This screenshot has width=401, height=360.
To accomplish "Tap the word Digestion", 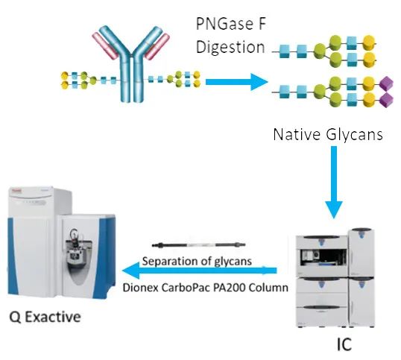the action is click(230, 47).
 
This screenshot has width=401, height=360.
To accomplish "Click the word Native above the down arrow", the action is click(297, 134).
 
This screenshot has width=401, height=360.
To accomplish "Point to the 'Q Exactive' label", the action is click(45, 317).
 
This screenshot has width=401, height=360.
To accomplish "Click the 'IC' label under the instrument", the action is click(344, 344).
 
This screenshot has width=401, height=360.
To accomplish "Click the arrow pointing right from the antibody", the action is click(236, 82).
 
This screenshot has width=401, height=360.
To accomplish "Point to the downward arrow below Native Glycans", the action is click(334, 182).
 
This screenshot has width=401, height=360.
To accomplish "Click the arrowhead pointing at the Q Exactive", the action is click(131, 271).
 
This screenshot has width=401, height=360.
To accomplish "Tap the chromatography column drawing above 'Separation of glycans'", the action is click(198, 244).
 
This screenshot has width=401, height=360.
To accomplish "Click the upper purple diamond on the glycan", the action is click(385, 84).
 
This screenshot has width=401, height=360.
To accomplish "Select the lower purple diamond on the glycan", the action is click(385, 99).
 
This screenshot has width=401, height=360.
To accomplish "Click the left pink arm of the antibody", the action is click(105, 46).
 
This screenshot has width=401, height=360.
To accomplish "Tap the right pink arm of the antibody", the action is click(157, 46).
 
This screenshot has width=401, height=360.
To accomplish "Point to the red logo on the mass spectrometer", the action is click(16, 191).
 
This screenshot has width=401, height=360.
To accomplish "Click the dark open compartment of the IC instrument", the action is click(323, 257).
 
